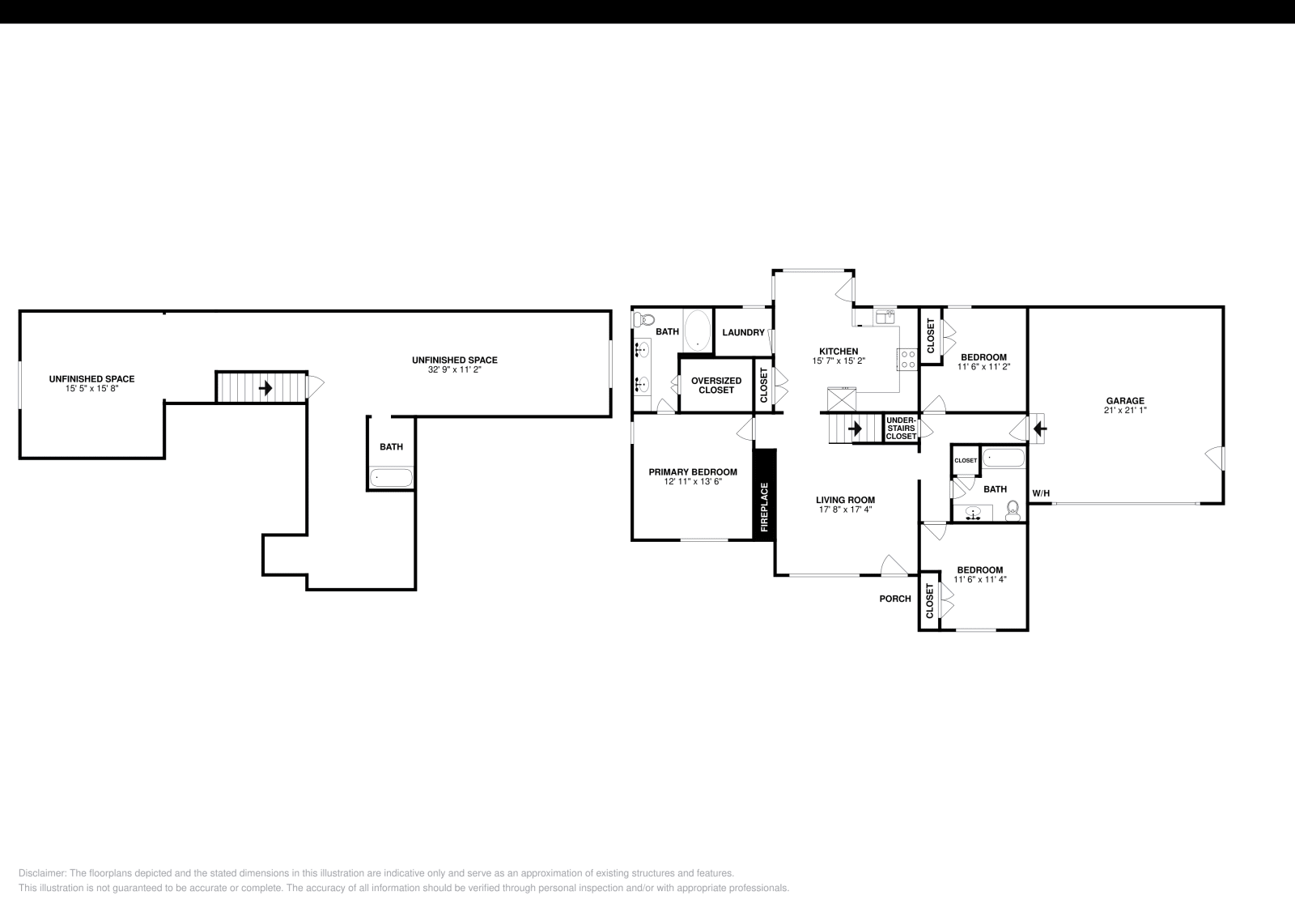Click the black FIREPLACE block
(x=764, y=494)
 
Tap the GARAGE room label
(x=1125, y=400)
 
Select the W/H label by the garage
(x=1040, y=493)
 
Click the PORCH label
(x=895, y=599)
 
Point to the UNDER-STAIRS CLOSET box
(x=901, y=429)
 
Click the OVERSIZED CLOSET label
(x=716, y=385)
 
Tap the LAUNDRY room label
(x=743, y=332)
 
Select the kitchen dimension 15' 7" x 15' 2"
(x=839, y=361)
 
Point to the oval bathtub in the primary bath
(x=697, y=331)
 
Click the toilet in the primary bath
(x=643, y=318)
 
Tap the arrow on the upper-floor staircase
(x=265, y=388)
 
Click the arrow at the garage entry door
(x=1041, y=426)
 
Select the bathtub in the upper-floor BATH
(x=391, y=478)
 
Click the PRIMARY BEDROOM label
(x=693, y=471)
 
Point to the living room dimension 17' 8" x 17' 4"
(x=845, y=510)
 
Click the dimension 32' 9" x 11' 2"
(x=454, y=369)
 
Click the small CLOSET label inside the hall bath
(x=966, y=460)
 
